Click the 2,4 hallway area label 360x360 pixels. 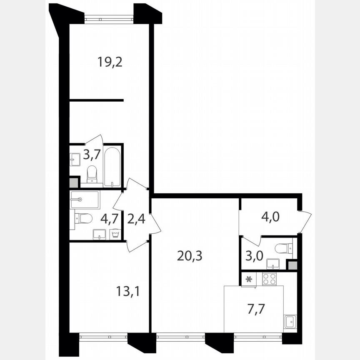pos(135,218)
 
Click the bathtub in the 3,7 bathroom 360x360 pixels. pos(112,167)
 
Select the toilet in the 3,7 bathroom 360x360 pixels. pos(92,174)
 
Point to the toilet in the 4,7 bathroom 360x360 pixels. pos(83,218)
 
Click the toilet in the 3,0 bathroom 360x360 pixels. pos(284,249)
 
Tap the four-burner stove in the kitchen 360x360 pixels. pos(269,279)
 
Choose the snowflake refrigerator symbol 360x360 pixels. pos(249,279)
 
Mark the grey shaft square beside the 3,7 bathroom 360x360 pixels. pos(73,182)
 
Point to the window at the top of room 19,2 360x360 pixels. pos(109,17)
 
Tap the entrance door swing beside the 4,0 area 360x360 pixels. pos(305,222)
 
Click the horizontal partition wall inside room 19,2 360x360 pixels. pos(96,100)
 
